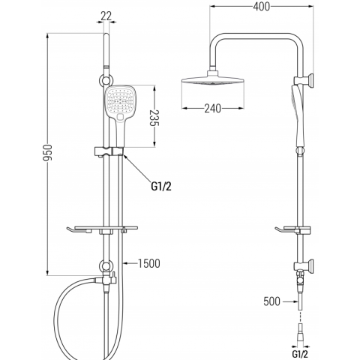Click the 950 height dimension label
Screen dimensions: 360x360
coord(48,153)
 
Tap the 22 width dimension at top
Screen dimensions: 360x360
coord(106,16)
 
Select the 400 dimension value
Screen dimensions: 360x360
coord(261,7)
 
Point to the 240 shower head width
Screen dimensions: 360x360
coord(212,109)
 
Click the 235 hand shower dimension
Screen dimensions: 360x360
coord(154,118)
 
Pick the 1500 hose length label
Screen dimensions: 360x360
coord(149,263)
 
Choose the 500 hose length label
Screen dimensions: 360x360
coord(272,301)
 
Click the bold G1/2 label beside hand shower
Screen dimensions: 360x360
coord(161,186)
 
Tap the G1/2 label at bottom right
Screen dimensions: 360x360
coord(300,354)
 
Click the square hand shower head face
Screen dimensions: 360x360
coord(120,101)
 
